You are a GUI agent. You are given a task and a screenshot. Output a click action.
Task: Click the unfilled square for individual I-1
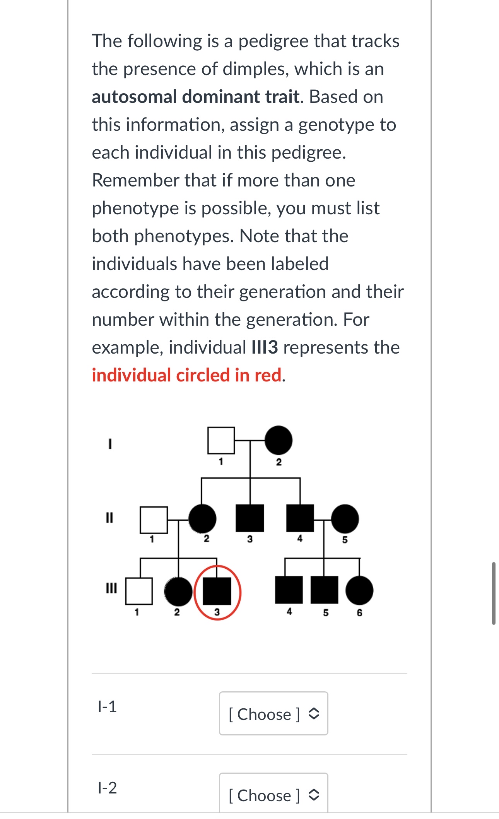[x=221, y=440]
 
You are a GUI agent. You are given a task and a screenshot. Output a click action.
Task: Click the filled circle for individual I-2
[x=279, y=440]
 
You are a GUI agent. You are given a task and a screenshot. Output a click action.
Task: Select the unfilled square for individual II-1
[x=154, y=520]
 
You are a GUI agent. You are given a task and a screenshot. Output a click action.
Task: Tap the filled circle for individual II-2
[x=202, y=518]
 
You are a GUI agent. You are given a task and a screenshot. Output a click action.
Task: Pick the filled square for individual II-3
[x=250, y=518]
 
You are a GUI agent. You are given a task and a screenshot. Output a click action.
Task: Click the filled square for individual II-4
[x=300, y=518]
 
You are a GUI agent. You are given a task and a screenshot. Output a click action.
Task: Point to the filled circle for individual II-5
[x=345, y=518]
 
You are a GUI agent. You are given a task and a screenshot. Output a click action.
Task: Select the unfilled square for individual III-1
[x=139, y=591]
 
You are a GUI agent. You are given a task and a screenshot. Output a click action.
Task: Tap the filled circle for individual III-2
[x=178, y=591]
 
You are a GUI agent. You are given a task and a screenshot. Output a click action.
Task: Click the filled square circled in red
[x=217, y=591]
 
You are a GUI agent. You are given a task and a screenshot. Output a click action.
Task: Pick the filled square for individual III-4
[x=289, y=590]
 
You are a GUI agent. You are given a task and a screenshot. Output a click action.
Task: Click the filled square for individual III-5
[x=325, y=590]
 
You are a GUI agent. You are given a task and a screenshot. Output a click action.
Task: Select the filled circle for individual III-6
[x=359, y=590]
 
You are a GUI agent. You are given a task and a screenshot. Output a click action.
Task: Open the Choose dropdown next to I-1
[x=273, y=714]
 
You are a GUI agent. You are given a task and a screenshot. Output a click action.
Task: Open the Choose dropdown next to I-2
[x=273, y=795]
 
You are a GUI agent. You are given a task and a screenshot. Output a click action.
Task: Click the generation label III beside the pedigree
[x=111, y=588]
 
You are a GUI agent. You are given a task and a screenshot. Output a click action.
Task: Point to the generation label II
[x=109, y=517]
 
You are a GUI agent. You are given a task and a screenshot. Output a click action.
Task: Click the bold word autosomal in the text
[x=135, y=97]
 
